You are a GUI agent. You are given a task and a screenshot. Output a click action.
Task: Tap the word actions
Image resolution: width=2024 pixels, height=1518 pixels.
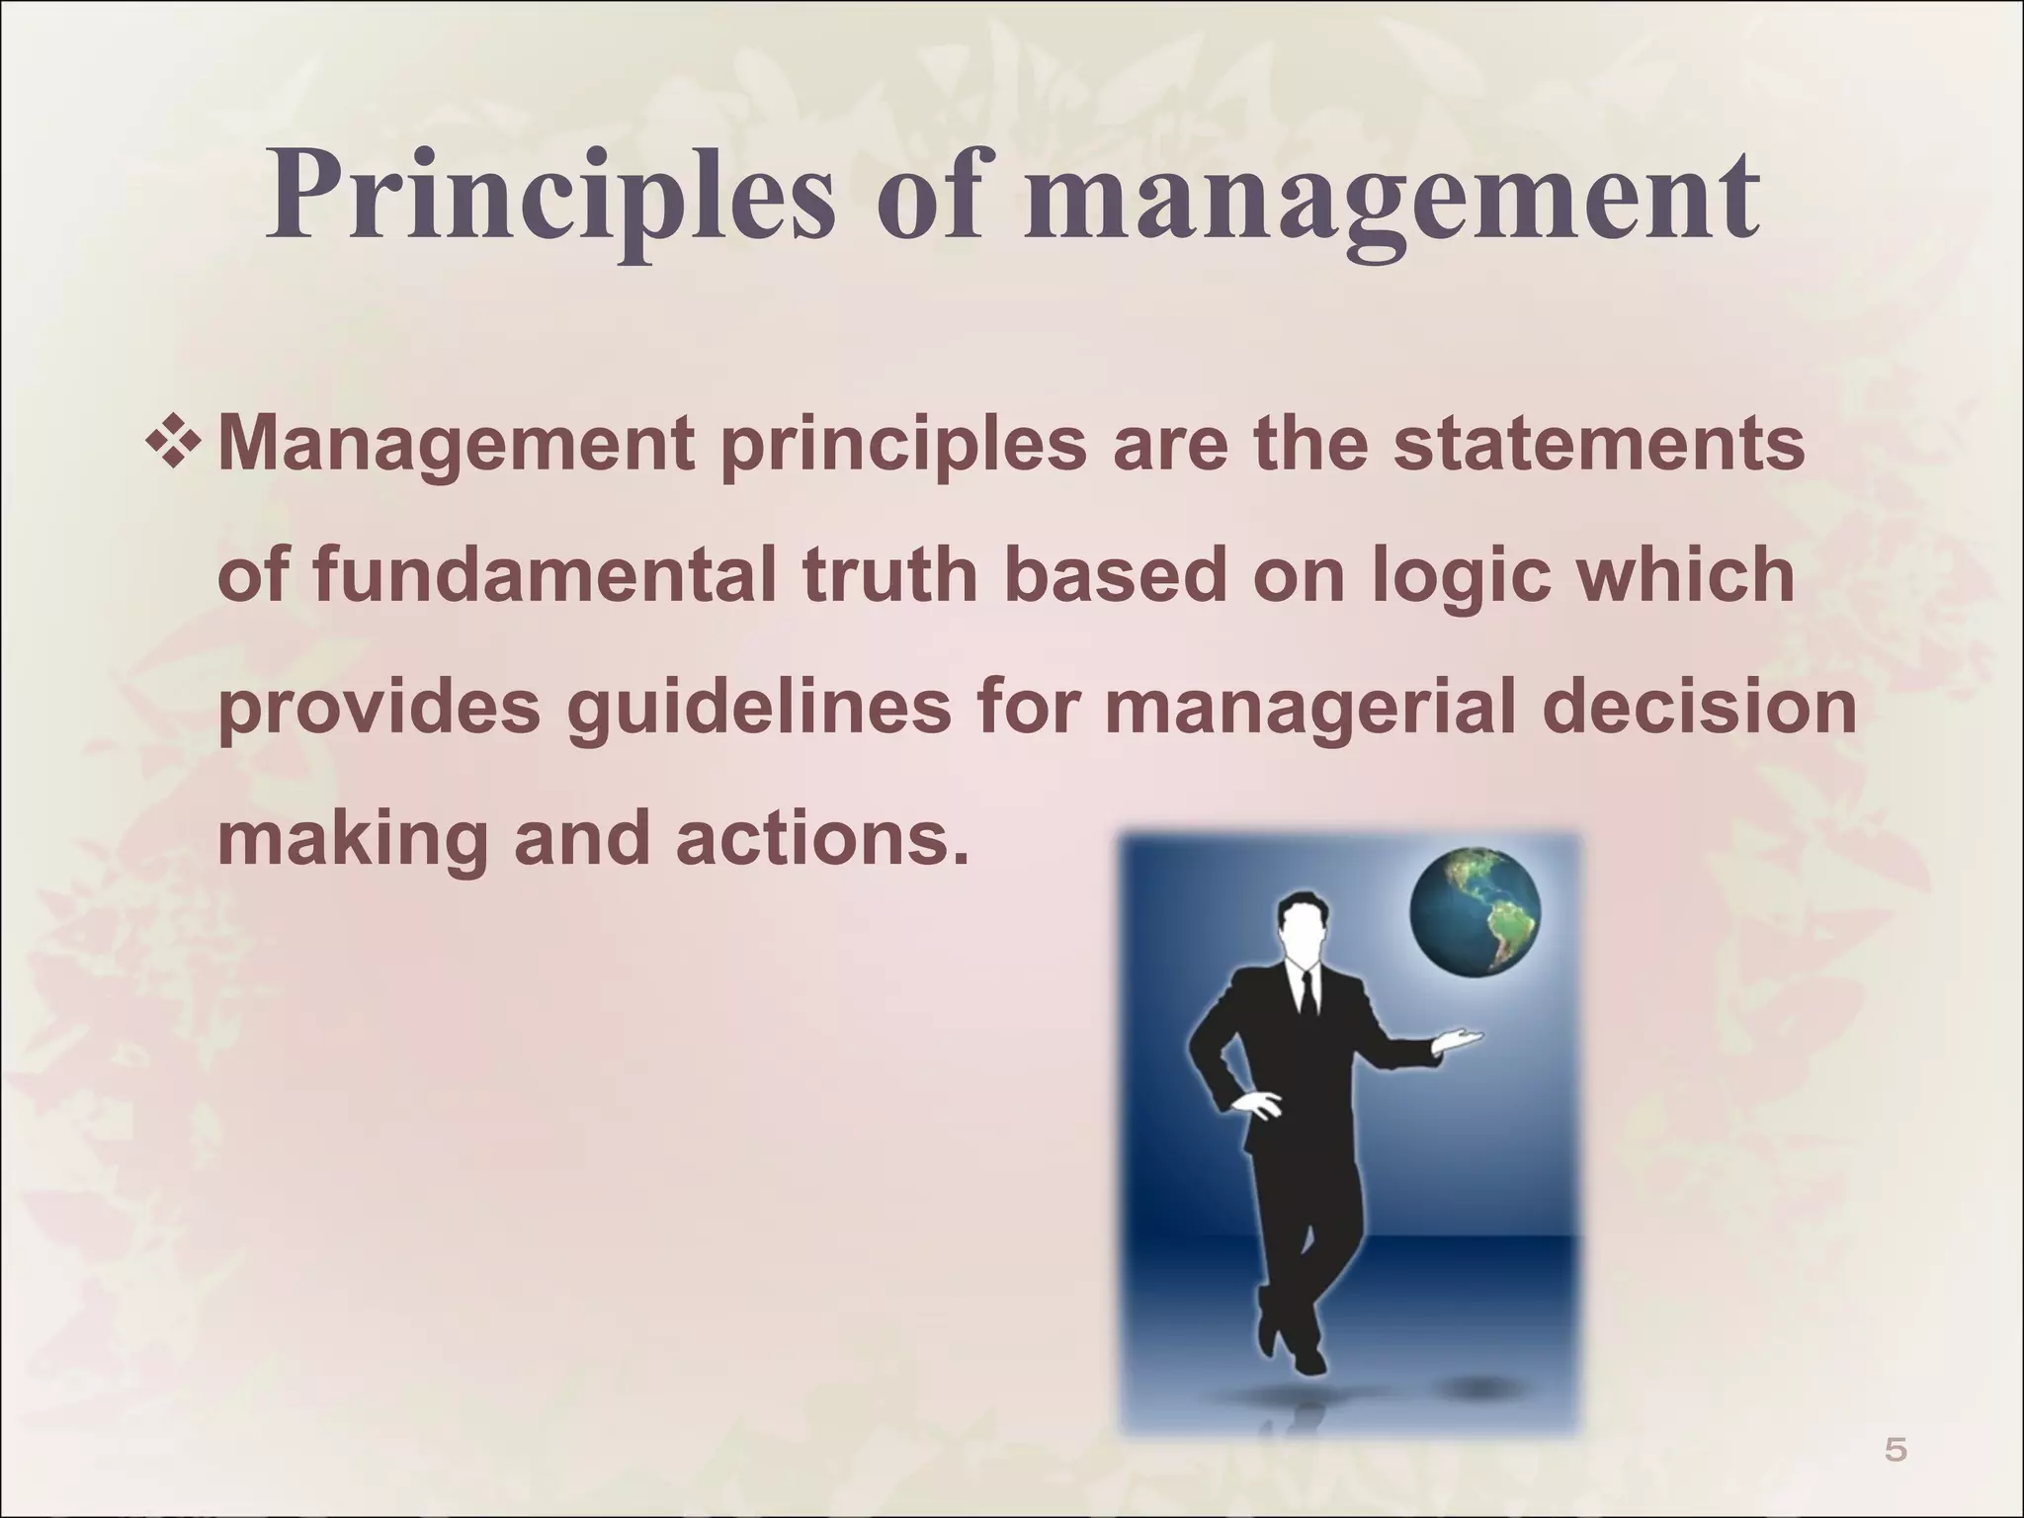coord(819,840)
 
